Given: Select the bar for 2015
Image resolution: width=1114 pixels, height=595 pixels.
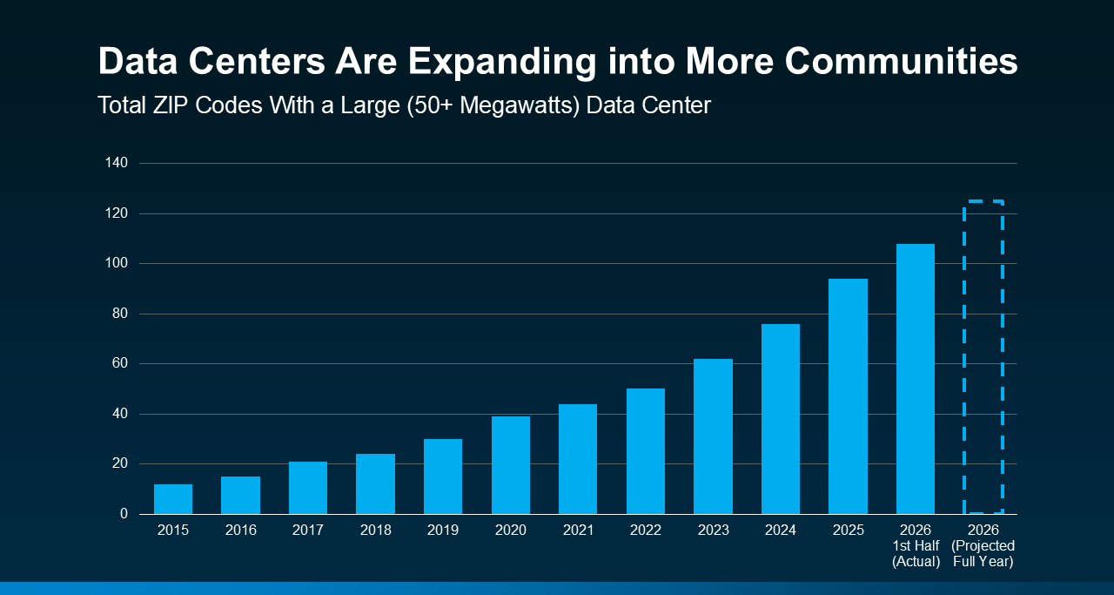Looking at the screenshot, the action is click(x=173, y=499).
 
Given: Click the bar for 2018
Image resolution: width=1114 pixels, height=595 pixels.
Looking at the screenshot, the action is click(x=375, y=483).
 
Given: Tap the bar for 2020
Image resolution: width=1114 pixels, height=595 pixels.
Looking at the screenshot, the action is click(x=511, y=465).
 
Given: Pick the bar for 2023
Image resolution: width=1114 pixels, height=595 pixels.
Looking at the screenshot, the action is click(x=713, y=436).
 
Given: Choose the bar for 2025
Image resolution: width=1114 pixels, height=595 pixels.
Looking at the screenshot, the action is click(x=848, y=396).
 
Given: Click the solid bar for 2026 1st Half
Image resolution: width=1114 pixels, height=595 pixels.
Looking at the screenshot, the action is click(x=916, y=379).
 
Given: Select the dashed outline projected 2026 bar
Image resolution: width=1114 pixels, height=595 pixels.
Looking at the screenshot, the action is click(x=964, y=356).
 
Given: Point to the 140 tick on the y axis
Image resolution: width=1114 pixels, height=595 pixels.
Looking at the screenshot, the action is click(x=117, y=163).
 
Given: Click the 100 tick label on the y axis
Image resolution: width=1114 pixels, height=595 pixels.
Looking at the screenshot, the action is click(x=117, y=263).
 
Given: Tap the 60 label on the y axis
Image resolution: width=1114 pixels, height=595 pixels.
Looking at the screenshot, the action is click(x=120, y=363).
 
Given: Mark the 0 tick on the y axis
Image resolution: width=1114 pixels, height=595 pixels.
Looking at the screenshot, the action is click(x=124, y=513).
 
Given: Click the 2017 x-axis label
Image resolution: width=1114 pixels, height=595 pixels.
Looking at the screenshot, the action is click(x=308, y=530).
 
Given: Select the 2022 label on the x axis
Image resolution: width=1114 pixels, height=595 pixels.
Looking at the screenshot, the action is click(x=646, y=530).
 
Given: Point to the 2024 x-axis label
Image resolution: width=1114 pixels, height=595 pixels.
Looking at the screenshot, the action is click(x=781, y=530).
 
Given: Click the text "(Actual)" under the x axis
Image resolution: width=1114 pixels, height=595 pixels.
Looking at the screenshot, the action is click(x=916, y=562).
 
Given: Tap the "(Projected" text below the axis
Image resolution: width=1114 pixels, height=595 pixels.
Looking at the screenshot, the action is click(x=983, y=545).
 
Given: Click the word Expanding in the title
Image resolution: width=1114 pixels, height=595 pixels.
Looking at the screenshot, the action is click(x=502, y=62).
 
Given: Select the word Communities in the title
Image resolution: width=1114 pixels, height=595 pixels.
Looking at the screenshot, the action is click(x=901, y=61).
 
